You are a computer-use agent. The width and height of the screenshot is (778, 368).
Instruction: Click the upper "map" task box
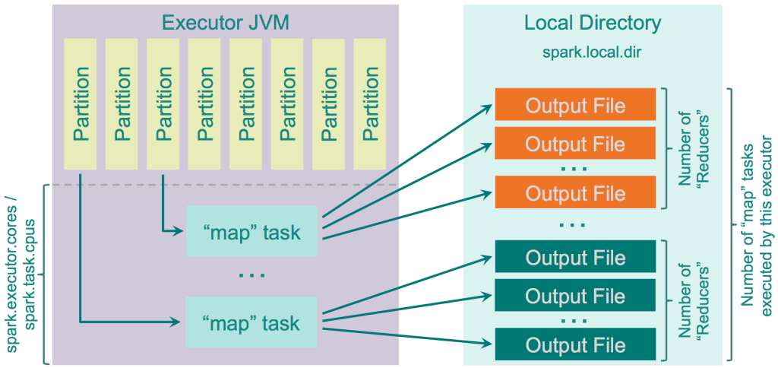(x=251, y=231)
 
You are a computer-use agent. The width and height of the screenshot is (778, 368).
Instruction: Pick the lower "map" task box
(x=251, y=323)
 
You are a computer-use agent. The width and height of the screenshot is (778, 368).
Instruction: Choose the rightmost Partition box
(x=370, y=104)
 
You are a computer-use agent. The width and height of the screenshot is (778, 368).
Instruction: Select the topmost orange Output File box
(x=575, y=104)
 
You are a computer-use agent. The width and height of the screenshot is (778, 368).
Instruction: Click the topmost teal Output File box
(x=575, y=256)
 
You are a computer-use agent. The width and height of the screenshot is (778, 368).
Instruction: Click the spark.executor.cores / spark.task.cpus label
(x=24, y=274)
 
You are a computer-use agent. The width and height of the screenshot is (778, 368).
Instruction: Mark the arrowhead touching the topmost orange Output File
(x=490, y=106)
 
